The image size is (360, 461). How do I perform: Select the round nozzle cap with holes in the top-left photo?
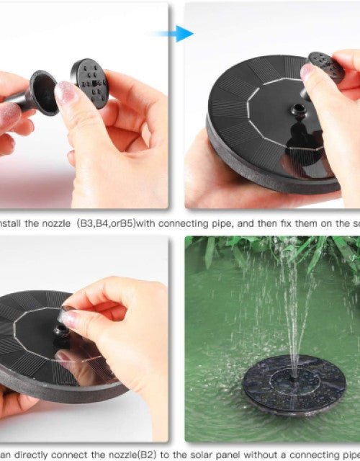[x=90, y=82]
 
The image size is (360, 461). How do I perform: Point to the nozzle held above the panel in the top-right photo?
[x=325, y=67]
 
